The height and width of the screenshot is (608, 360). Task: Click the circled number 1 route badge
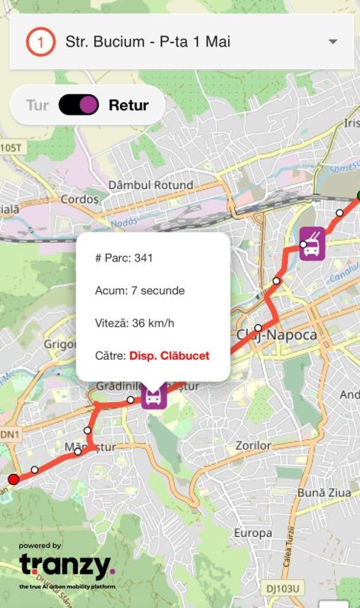pos(40,42)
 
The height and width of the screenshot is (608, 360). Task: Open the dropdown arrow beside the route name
pos(333,42)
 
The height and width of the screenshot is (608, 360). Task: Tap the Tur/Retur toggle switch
pos(79,105)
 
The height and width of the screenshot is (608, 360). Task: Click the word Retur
pos(127,105)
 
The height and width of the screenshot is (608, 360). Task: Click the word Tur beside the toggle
pos(37,105)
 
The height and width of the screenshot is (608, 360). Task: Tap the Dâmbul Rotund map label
pos(151,184)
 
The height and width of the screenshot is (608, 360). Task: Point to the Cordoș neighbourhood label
pos(79,199)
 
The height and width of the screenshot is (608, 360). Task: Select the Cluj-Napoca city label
pos(277,334)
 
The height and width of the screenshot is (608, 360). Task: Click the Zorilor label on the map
pos(252,445)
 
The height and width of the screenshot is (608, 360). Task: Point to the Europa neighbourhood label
pos(253,532)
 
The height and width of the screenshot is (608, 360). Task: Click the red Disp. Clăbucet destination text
pos(169,355)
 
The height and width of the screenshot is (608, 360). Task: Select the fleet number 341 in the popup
pos(143,258)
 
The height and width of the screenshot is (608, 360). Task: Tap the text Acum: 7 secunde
pos(139,290)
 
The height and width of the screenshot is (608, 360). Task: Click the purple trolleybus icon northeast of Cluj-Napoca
pos(312,244)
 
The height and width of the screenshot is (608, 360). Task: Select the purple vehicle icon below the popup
pos(154,396)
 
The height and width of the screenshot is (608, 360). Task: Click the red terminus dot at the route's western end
pos(13,479)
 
